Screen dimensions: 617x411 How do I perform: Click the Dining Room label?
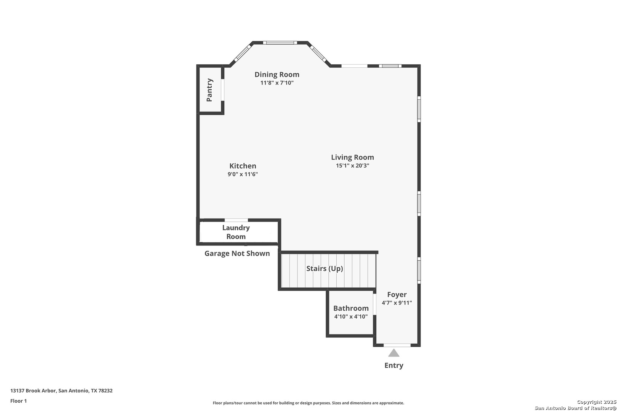click(x=277, y=74)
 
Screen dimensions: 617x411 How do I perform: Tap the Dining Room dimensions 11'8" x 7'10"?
click(x=277, y=83)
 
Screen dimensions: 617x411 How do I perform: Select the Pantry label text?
click(x=209, y=90)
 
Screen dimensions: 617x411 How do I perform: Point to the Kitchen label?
click(x=243, y=166)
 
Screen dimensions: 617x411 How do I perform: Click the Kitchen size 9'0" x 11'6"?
click(x=243, y=174)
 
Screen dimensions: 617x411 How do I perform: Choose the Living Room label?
click(x=353, y=157)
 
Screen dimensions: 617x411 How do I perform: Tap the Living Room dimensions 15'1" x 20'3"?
click(x=353, y=166)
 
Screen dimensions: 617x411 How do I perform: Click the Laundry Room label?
click(x=236, y=232)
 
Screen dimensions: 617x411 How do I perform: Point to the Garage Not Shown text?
click(x=237, y=253)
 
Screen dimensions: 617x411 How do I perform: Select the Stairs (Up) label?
click(x=325, y=268)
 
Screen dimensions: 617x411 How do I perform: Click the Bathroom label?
click(x=351, y=308)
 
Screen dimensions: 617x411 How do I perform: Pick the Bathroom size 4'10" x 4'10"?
click(x=351, y=317)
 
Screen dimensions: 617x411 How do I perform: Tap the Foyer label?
click(x=397, y=295)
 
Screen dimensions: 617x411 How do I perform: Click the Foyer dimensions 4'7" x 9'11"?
click(x=397, y=303)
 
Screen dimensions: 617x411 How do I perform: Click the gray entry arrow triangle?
click(x=394, y=353)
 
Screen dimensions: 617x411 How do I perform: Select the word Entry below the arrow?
click(x=394, y=365)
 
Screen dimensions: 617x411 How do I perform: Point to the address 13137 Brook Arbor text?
click(x=33, y=390)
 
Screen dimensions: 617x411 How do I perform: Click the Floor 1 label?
click(x=18, y=401)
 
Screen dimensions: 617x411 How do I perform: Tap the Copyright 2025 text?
click(x=596, y=402)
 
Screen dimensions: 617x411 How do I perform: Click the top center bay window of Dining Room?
click(x=280, y=43)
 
